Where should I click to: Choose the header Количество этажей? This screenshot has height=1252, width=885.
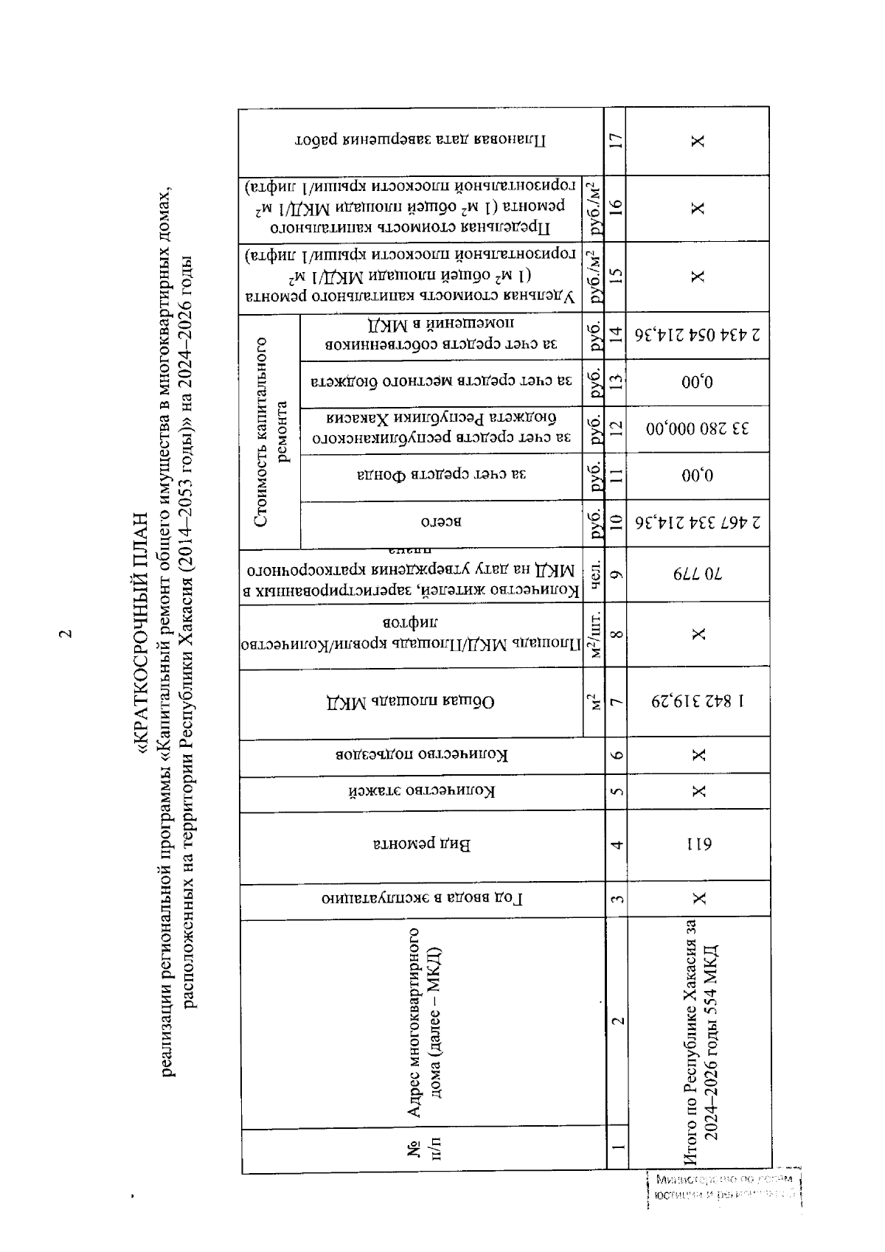(421, 793)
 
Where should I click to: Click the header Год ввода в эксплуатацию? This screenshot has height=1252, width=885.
(421, 898)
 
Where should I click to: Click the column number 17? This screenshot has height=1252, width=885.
(617, 139)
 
